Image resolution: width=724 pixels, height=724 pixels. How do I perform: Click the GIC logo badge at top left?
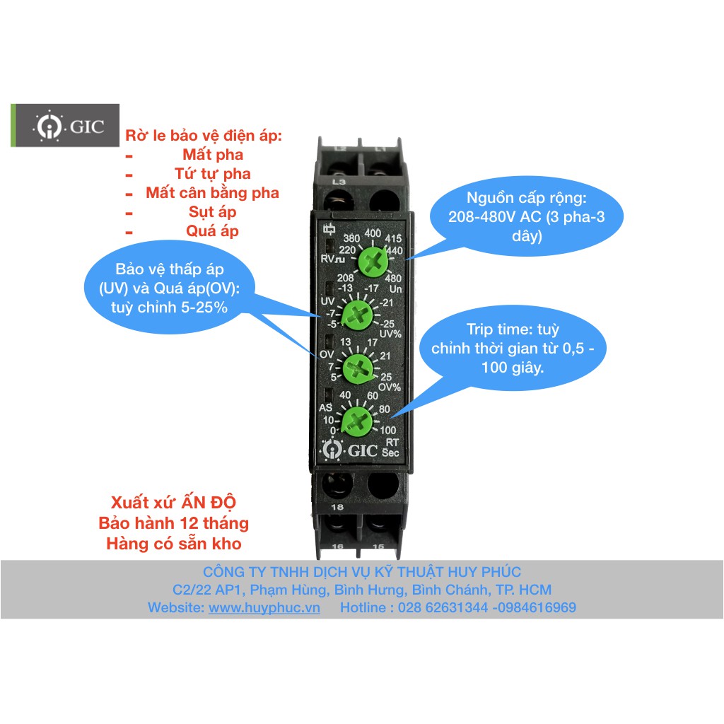[65, 126]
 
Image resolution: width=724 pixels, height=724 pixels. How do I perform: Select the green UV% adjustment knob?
[357, 316]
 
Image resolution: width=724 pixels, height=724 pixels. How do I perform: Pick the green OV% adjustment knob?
[358, 368]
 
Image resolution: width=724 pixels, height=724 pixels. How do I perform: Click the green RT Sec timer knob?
[356, 421]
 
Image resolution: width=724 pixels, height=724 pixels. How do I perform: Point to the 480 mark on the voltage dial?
[393, 278]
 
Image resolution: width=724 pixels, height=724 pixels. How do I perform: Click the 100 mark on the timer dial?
[388, 430]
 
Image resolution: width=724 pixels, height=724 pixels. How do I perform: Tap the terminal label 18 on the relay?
[337, 506]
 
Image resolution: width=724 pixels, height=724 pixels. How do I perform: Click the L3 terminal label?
[339, 182]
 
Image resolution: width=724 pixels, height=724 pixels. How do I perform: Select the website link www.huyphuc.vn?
[264, 607]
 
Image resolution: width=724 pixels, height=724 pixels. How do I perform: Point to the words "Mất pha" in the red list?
[213, 154]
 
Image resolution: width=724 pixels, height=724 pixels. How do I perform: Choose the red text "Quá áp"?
[212, 230]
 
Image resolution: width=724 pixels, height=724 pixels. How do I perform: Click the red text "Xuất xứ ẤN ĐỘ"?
[174, 502]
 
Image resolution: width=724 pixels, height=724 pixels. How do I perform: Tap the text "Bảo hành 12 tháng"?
[174, 522]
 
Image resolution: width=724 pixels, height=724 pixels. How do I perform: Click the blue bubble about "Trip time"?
[513, 348]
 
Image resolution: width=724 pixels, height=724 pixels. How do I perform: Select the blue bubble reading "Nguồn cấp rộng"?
[526, 216]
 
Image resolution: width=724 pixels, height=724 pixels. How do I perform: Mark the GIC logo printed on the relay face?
[349, 449]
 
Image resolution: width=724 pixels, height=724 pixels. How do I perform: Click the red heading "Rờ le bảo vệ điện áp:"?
[204, 135]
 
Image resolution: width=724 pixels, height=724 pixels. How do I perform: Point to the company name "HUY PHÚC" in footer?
[484, 571]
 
